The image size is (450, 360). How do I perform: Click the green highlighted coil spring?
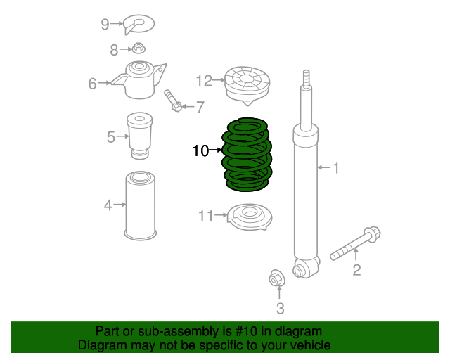[x=247, y=155]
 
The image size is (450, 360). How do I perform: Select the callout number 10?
[x=200, y=150]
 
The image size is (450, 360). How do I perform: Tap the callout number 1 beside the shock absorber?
[x=336, y=168]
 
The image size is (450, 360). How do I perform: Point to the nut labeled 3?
[x=277, y=279]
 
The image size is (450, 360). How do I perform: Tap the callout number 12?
[x=203, y=82]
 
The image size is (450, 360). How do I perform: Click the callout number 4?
[x=108, y=205]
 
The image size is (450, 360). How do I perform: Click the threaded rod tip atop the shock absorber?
[x=306, y=78]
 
